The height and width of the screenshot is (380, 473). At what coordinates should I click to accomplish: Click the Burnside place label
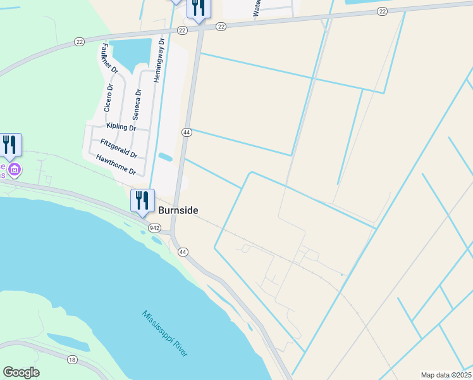click(x=178, y=210)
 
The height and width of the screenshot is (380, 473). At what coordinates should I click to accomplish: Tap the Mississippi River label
click(x=165, y=333)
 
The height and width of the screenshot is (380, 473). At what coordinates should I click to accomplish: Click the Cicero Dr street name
click(x=109, y=98)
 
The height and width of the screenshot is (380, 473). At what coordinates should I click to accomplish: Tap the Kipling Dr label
click(x=121, y=127)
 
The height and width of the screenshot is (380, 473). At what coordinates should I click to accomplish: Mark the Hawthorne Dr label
click(x=116, y=166)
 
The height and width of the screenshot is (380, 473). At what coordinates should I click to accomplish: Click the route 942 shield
click(x=154, y=227)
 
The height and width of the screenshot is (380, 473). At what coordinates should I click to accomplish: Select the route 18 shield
click(x=71, y=359)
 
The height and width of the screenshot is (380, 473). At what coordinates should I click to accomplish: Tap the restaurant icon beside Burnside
click(x=142, y=200)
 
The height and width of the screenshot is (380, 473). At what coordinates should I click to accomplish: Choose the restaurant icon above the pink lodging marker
click(x=10, y=144)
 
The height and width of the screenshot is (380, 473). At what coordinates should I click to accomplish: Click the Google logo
click(x=21, y=372)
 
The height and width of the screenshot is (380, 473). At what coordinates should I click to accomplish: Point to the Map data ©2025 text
click(x=446, y=375)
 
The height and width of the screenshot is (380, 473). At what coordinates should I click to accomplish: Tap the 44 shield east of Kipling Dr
click(x=186, y=132)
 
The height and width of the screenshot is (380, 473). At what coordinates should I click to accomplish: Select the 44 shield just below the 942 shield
click(x=183, y=252)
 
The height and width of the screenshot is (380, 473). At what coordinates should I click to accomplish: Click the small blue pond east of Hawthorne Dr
click(x=165, y=157)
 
